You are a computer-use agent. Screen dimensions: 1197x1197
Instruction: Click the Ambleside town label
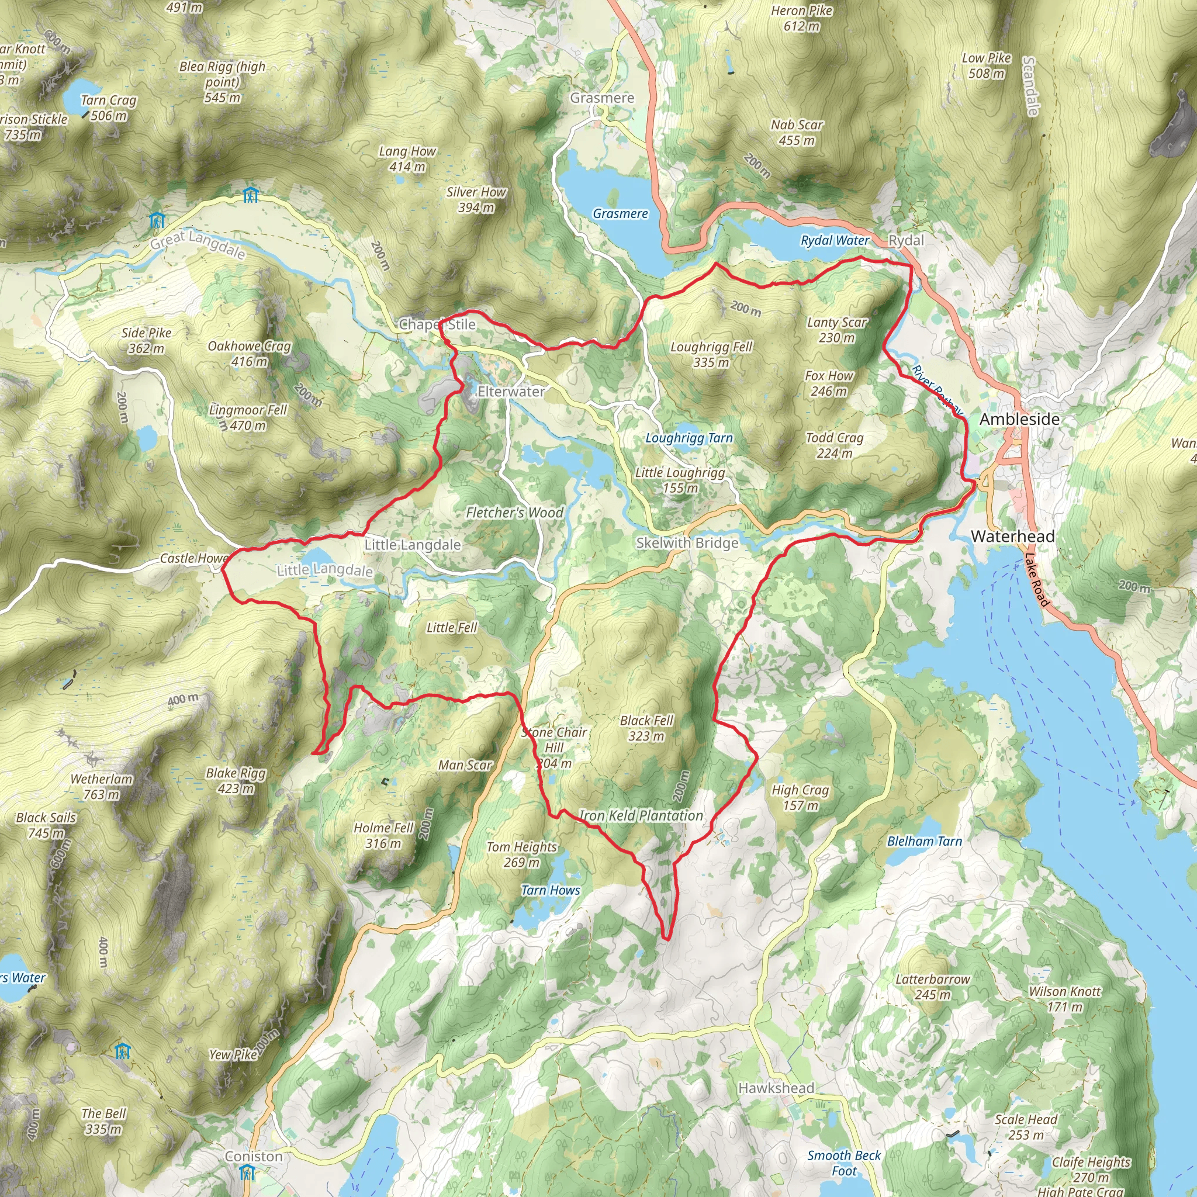coord(1019,420)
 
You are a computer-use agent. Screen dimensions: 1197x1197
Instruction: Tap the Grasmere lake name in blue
coord(620,214)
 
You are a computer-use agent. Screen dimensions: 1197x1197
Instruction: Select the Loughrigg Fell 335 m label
coord(711,354)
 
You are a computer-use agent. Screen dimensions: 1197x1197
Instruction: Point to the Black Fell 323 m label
coord(646,728)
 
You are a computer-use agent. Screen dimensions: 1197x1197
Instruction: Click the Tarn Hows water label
coord(550,890)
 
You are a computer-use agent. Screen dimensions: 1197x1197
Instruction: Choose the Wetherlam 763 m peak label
coord(102,786)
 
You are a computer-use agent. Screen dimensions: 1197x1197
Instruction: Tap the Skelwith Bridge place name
coord(687,543)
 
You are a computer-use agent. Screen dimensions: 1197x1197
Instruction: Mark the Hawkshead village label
coord(776,1088)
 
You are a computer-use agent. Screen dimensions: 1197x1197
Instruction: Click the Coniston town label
coord(254,1156)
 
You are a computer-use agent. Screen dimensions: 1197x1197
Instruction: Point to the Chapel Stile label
coord(437,324)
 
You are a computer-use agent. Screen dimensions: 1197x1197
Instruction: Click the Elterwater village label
coord(511,392)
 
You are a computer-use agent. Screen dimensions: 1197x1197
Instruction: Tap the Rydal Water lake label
coord(835,240)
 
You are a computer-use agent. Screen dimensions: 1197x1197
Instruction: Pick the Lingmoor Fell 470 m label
coord(248,417)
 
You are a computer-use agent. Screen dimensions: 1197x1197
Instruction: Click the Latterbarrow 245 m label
coord(932,987)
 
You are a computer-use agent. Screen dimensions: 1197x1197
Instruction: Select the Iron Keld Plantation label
coord(641,816)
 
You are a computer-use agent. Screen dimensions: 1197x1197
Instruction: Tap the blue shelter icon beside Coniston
coord(247,1172)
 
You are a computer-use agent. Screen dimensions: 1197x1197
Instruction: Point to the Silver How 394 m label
coord(476,199)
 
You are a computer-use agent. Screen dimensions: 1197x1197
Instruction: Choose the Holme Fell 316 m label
coord(383,835)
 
